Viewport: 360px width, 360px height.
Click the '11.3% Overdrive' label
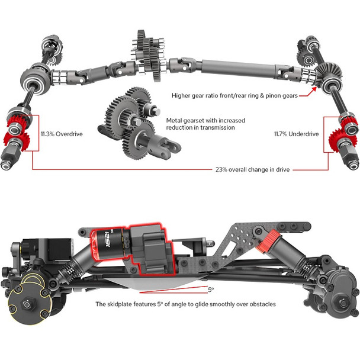point(61,134)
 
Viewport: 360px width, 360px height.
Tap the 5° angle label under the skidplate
point(210,290)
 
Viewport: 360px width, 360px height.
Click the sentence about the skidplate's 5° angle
point(186,304)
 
